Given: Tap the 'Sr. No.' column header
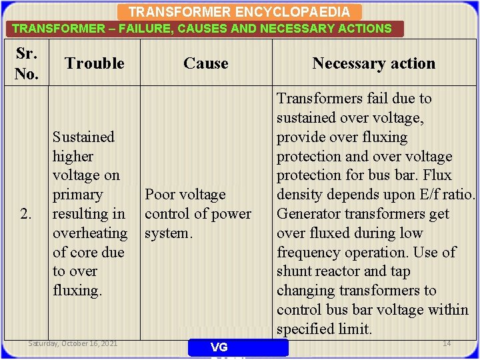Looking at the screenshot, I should [x=26, y=63].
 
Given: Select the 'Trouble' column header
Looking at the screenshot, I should [x=95, y=63].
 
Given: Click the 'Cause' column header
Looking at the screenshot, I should [x=206, y=63].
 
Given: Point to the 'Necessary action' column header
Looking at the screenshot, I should [x=373, y=63].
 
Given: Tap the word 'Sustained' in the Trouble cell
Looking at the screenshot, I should [x=83, y=137].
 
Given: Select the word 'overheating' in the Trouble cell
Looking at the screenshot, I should [x=90, y=233].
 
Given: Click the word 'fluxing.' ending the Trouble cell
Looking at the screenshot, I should [x=77, y=291].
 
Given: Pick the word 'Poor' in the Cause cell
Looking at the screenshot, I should [x=159, y=195].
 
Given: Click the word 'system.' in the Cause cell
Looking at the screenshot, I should [x=169, y=233].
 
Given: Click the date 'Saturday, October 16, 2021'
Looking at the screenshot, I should [x=73, y=343].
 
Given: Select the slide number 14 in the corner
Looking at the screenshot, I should [x=447, y=343].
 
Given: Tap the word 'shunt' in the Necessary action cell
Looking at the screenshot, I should [x=295, y=271].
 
